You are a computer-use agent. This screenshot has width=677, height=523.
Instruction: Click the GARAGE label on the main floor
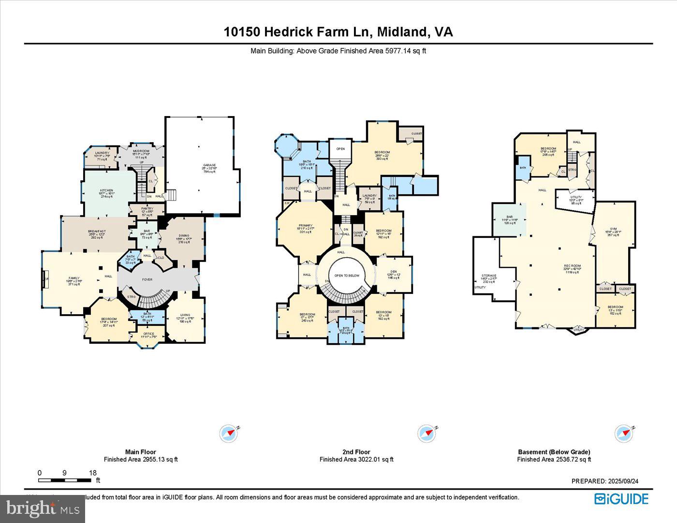tap(209, 165)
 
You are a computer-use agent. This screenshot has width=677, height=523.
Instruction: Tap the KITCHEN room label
tap(106, 190)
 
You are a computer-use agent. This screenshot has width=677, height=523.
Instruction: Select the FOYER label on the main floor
tap(147, 279)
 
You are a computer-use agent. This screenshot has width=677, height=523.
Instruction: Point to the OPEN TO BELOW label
tap(347, 276)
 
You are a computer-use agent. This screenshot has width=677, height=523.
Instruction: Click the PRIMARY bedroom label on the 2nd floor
tap(305, 226)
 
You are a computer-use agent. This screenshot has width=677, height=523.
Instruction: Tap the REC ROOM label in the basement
tap(572, 266)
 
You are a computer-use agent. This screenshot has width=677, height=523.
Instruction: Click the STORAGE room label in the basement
tap(488, 276)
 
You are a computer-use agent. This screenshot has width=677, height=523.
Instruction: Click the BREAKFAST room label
tap(97, 232)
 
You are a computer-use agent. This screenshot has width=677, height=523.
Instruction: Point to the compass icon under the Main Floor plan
tap(229, 434)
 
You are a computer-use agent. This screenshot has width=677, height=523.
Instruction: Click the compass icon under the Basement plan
tap(623, 434)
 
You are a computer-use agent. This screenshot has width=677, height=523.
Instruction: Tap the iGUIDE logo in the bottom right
tap(621, 499)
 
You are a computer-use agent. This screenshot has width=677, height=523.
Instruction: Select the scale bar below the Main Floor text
tap(65, 480)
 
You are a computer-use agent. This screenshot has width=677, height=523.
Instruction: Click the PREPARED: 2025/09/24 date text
tap(605, 481)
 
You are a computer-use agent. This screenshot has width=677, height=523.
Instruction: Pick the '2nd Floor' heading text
tap(356, 452)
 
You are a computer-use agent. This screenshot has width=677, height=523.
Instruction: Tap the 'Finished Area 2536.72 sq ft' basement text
tap(554, 459)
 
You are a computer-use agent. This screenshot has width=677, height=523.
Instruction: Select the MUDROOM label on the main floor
tap(141, 151)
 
